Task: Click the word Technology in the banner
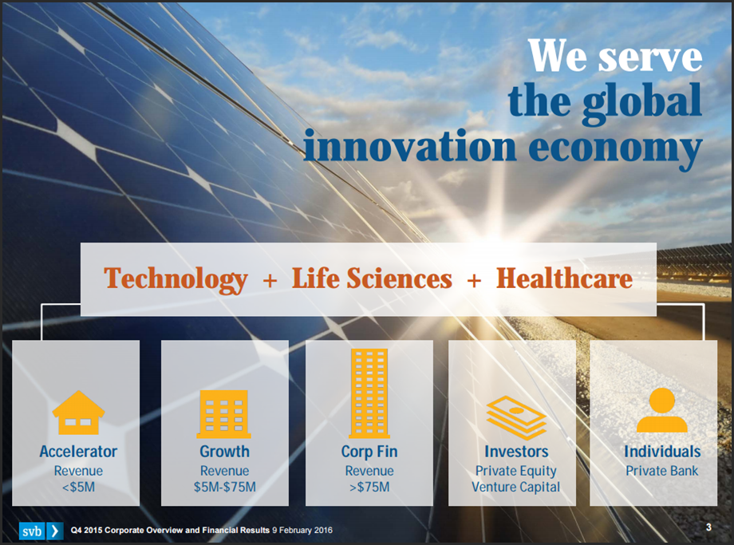pos(176,279)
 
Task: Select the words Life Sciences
pos(372,278)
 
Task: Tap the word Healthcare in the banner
pos(564,278)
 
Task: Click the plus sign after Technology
pos(270,280)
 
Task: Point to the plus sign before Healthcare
pos(474,280)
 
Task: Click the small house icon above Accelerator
pos(78,413)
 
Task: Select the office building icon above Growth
pos(224,414)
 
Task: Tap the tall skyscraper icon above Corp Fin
pos(369,393)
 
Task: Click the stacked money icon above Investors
pos(516,417)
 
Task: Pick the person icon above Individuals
pos(662,410)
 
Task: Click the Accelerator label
pos(78,452)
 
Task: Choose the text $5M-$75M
pos(225,487)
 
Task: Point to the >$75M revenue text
pos(369,487)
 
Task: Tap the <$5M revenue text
pos(78,487)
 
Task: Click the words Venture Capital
pos(516,487)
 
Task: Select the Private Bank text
pos(662,471)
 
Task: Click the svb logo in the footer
pos(41,531)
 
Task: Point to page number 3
pos(708,527)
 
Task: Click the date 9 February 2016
pos(302,530)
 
